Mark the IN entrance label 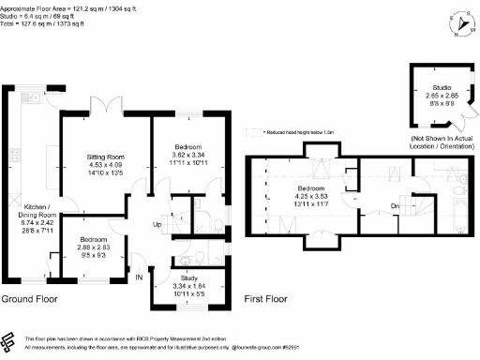tap(139, 277)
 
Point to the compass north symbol tap(457, 21)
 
